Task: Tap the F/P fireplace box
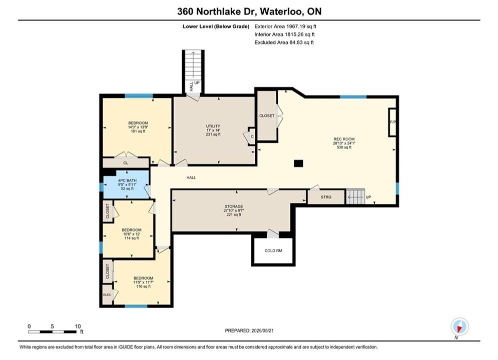pos(392,122)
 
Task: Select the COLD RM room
pos(273,250)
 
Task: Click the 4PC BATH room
pos(127,184)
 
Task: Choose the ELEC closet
pos(107,294)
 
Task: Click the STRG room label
pos(326,197)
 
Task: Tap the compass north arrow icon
pos(459,326)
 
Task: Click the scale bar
pos(52,332)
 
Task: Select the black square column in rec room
pos(298,163)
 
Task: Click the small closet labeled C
pos(252,136)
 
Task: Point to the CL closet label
pos(126,163)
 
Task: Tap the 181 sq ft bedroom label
pos(138,127)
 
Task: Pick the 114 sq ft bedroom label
pos(132,234)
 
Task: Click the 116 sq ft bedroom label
pos(143,282)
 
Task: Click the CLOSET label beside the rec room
pos(267,116)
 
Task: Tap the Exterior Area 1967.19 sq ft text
pos(285,26)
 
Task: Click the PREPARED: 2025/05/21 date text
pos(249,330)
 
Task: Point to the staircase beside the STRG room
pos(355,196)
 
